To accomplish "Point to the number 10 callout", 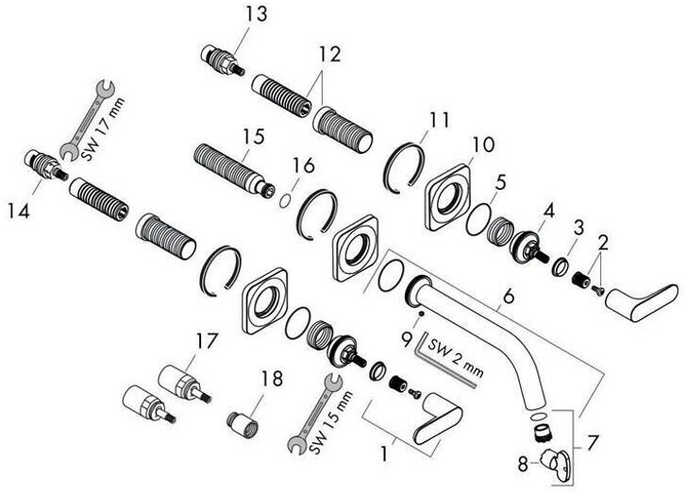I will coord(482,145).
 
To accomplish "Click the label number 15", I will coord(250,137).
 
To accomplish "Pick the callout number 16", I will coord(301,164).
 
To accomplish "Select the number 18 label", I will coord(271,379).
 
